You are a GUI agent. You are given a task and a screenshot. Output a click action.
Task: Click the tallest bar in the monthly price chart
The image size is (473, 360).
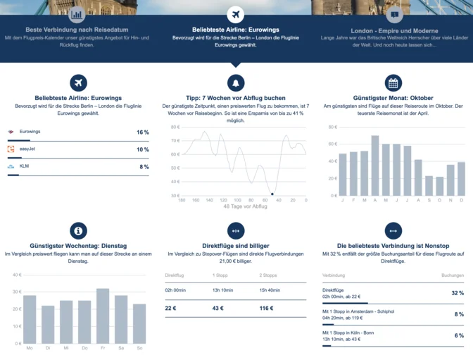[375, 166]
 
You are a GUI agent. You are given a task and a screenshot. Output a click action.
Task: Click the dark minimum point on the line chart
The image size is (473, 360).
[272, 193]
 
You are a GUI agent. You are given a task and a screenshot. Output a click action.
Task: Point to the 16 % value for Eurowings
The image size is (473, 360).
[142, 132]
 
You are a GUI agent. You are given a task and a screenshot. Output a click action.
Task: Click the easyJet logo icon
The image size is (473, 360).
[11, 149]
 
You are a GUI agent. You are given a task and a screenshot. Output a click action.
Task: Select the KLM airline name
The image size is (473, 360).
[24, 166]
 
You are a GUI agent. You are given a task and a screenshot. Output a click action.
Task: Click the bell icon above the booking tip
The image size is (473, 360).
[236, 82]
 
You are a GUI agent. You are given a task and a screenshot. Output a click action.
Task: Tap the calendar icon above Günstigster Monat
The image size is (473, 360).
[393, 82]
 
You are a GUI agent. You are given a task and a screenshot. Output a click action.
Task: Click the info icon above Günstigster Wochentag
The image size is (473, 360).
[78, 231]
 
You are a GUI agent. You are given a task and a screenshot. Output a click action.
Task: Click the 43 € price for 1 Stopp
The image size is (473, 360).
[217, 309]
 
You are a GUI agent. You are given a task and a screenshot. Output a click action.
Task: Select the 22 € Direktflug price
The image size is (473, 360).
[170, 309]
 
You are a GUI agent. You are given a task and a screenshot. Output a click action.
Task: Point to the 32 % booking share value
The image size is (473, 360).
[458, 293]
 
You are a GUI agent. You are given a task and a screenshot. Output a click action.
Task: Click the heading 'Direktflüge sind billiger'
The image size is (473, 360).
[236, 246]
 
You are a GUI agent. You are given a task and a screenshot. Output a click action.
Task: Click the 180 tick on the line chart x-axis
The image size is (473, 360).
[182, 201]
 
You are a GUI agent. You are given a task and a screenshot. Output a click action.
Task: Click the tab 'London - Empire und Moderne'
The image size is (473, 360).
[394, 31]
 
